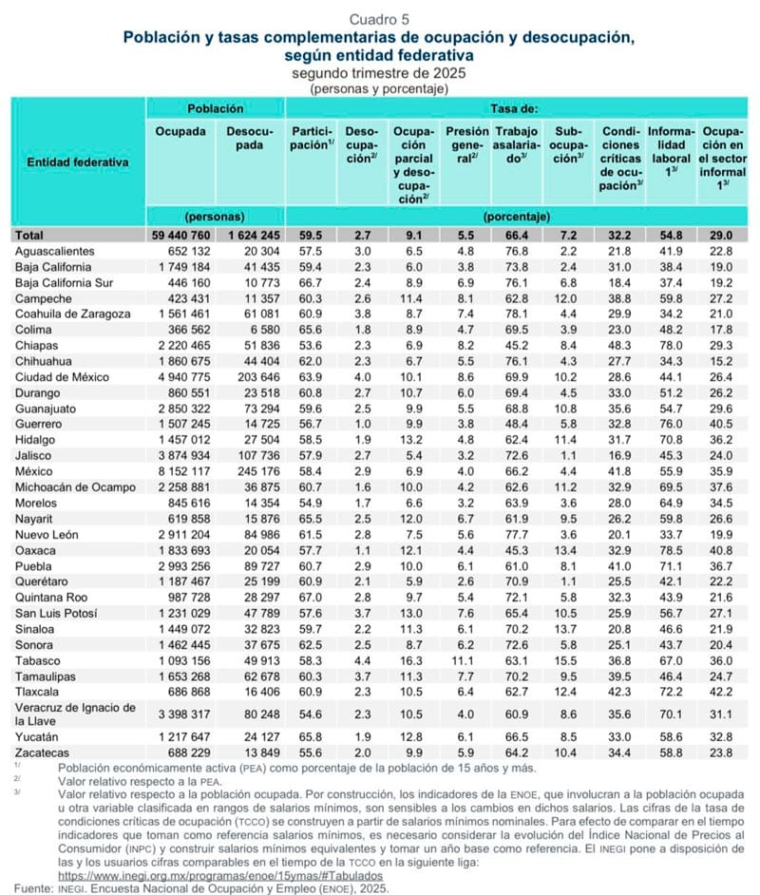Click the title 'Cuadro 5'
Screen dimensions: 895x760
[380, 19]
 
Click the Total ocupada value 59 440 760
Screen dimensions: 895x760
[182, 235]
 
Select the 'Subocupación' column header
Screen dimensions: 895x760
[570, 145]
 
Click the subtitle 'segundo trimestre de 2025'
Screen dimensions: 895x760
[380, 73]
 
